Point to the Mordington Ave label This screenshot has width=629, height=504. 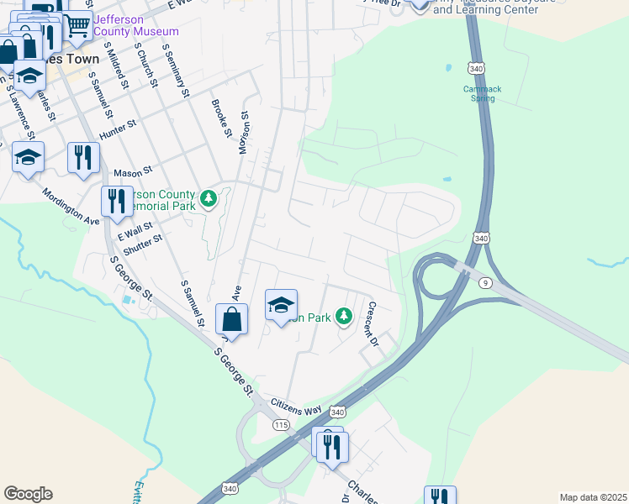point(71,205)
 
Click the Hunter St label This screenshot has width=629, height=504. point(117,128)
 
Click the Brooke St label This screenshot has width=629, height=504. point(221,118)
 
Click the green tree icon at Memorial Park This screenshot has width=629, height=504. point(209,199)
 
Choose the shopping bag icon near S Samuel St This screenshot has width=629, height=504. point(231,319)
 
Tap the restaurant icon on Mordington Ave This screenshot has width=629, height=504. point(116,201)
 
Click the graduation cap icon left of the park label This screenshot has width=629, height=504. point(282,304)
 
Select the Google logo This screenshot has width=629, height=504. point(28,493)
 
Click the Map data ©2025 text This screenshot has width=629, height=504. point(592,497)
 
